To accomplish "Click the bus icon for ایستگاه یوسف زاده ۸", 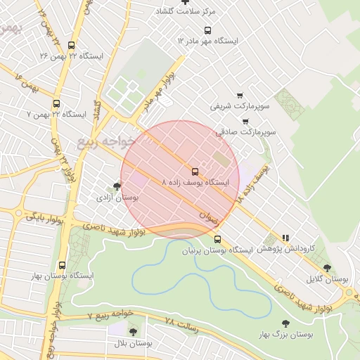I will pyautogui.click(x=195, y=171).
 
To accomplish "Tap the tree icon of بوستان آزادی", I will pyautogui.click(x=116, y=186).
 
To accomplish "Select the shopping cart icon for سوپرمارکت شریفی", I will pyautogui.click(x=240, y=95).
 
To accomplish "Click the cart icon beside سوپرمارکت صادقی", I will pyautogui.click(x=245, y=120).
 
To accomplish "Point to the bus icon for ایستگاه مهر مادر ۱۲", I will pyautogui.click(x=207, y=30).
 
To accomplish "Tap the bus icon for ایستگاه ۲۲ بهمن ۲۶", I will pyautogui.click(x=72, y=45).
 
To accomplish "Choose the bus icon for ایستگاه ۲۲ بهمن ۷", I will pyautogui.click(x=56, y=103).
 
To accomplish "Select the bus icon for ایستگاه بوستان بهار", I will pyautogui.click(x=63, y=265).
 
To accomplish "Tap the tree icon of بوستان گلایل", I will pyautogui.click(x=327, y=267).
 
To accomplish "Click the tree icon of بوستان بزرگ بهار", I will pyautogui.click(x=285, y=323).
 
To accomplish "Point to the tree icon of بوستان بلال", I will pyautogui.click(x=133, y=332).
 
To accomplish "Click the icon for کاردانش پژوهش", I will pyautogui.click(x=285, y=238).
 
